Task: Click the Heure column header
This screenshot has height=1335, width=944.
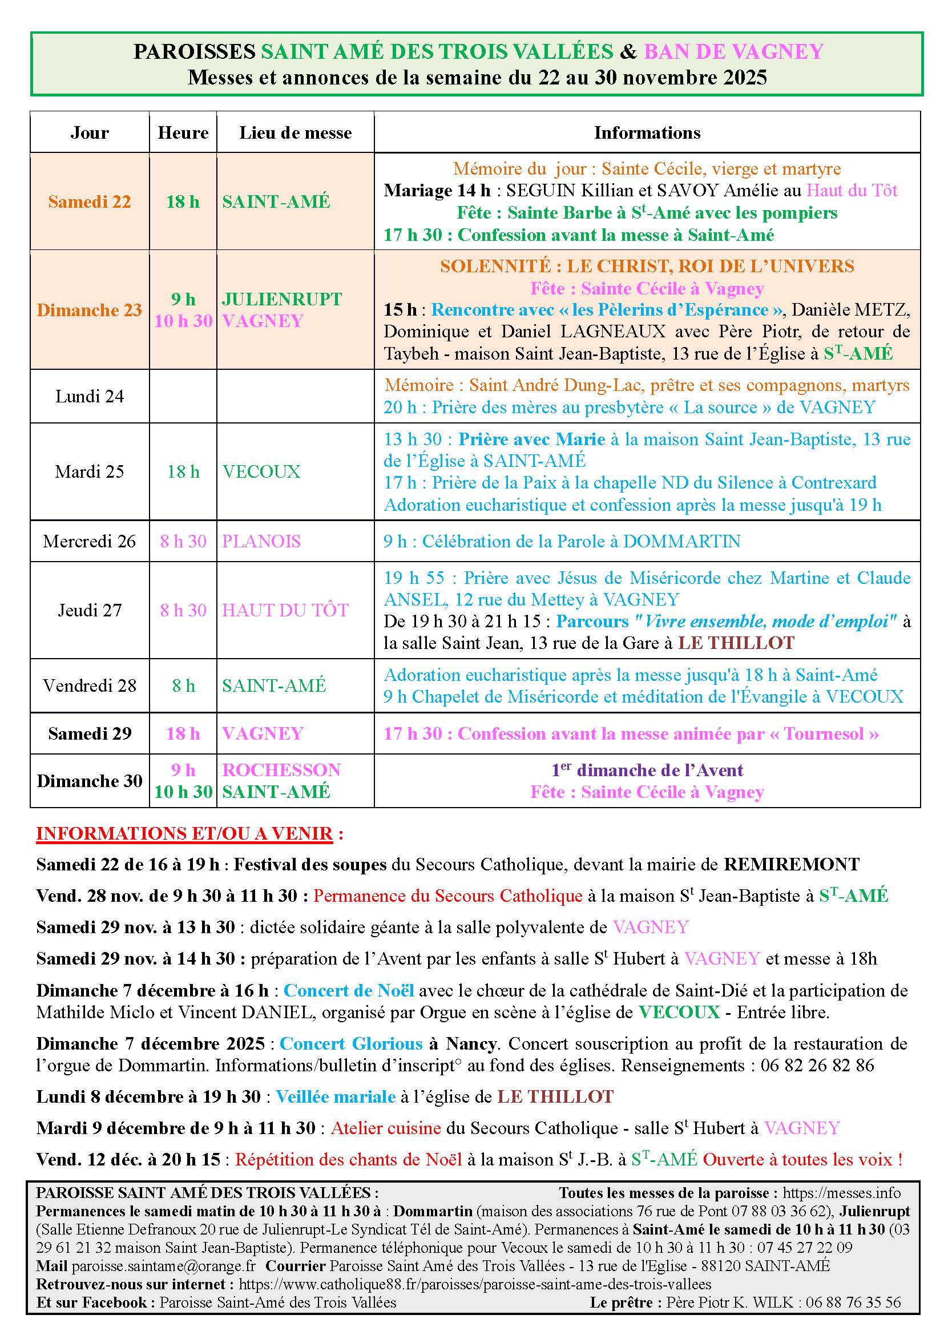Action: tap(183, 133)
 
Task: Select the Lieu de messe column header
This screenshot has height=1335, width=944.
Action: tap(295, 133)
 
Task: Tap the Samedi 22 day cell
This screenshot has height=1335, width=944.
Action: tap(90, 201)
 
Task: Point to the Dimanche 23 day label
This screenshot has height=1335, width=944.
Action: tap(90, 310)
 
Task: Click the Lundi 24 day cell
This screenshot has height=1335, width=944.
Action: tap(90, 397)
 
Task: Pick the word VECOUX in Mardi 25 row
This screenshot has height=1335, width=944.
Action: tap(261, 471)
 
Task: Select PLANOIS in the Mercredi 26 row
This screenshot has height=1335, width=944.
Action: tap(261, 541)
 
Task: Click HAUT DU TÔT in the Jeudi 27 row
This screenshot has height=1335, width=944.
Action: tap(285, 610)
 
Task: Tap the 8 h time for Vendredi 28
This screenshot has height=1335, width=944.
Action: tap(183, 685)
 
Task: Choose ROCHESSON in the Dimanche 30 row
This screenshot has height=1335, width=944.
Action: tap(281, 770)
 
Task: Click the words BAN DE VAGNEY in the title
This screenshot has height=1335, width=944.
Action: tap(733, 52)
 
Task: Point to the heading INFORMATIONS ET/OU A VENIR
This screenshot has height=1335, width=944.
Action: tap(185, 833)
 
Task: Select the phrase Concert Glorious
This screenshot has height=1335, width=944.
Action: tap(351, 1044)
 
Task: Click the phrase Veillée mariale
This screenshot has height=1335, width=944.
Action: tap(336, 1097)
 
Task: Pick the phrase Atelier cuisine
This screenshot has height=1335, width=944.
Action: tap(386, 1128)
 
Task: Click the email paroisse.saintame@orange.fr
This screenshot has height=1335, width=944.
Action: tap(164, 1266)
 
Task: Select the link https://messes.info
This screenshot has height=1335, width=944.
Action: tap(841, 1193)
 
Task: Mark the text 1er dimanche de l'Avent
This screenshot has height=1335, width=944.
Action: tap(647, 770)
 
